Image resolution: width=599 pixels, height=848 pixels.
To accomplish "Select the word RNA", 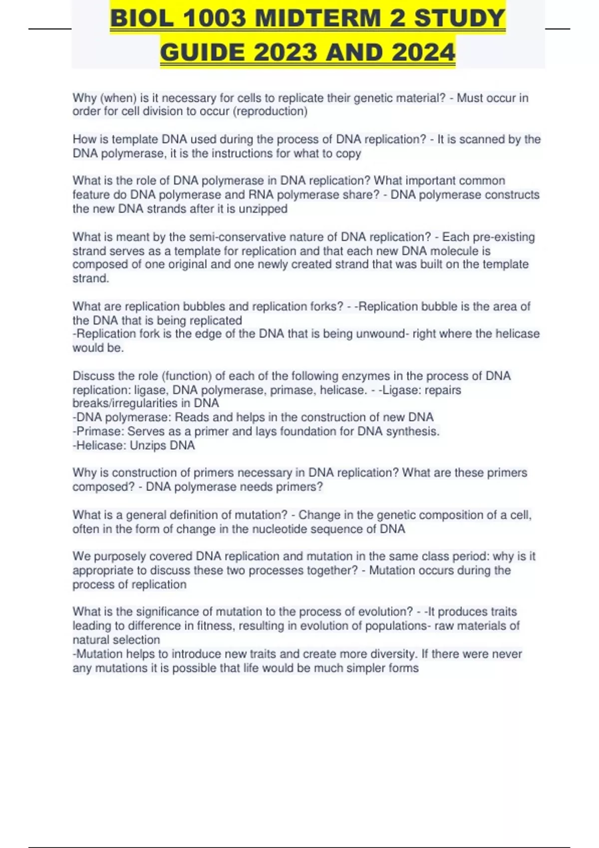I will (262, 195).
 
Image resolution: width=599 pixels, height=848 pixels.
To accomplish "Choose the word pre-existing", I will (500, 237).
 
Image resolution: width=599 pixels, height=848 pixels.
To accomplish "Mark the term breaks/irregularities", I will (146, 403).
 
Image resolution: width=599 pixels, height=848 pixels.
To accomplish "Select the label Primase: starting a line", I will (99, 431).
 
